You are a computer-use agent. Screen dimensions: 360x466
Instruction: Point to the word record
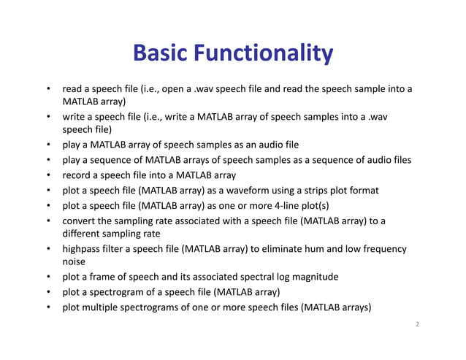click(77, 175)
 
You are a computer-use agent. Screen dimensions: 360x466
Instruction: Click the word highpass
click(83, 249)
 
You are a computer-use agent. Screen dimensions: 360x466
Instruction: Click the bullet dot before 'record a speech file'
click(47, 175)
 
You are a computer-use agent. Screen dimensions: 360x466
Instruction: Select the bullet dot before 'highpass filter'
click(47, 249)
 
